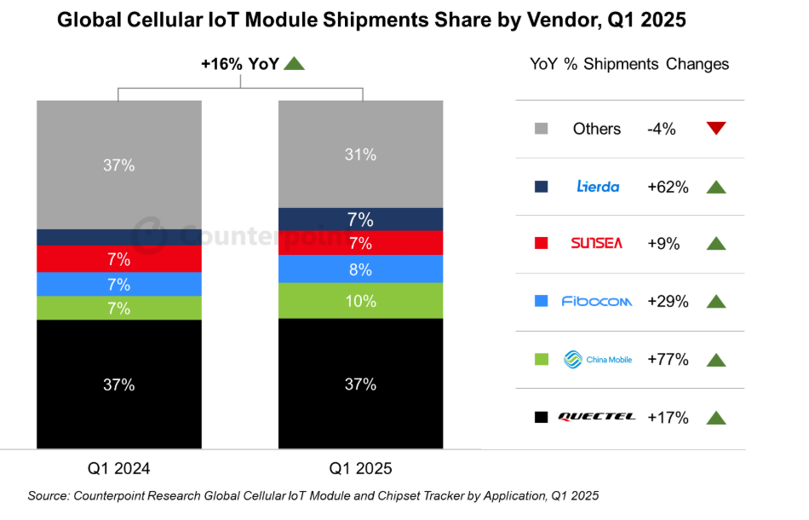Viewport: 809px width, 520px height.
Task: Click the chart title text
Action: pos(371,20)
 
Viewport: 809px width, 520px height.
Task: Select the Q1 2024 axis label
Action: pos(119,468)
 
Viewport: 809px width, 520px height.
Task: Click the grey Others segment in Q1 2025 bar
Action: pos(361,154)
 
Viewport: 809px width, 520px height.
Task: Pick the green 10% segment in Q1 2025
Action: pos(361,300)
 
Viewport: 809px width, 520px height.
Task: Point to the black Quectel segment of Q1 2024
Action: pos(119,384)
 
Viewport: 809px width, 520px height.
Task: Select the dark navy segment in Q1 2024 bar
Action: pos(119,237)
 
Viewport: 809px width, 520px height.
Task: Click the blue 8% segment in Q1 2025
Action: pos(361,269)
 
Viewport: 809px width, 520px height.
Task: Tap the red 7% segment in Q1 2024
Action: pos(119,258)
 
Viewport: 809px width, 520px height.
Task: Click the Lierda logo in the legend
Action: pos(597,186)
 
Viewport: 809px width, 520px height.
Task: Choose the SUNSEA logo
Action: pos(597,243)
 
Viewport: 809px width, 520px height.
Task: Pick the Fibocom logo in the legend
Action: pos(597,301)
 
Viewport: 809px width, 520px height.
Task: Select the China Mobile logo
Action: pos(597,359)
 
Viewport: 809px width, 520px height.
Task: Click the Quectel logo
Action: pos(597,417)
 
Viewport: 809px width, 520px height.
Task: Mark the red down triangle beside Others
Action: pos(716,129)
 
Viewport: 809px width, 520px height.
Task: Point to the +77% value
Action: pos(668,359)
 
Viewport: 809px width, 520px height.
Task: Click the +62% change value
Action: pos(668,186)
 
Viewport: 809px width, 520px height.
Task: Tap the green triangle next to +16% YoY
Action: pos(294,63)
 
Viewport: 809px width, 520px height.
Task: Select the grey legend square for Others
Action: pos(540,129)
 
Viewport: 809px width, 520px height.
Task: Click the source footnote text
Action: pos(313,495)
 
